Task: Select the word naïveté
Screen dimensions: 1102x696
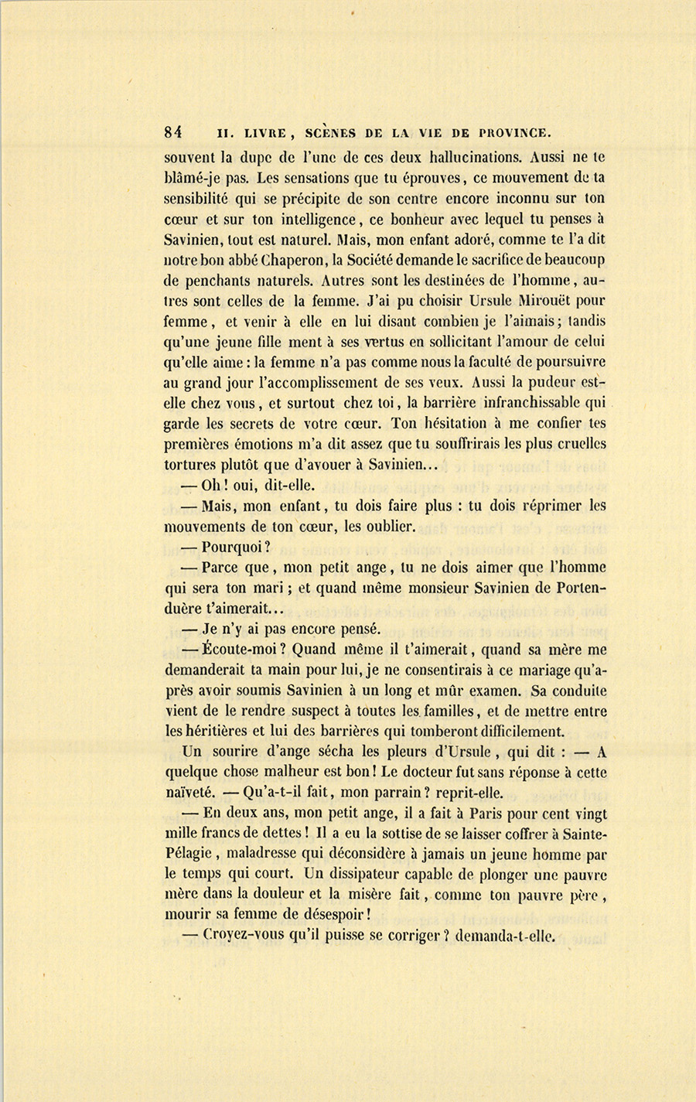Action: (x=189, y=793)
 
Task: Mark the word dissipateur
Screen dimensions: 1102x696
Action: (x=365, y=875)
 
